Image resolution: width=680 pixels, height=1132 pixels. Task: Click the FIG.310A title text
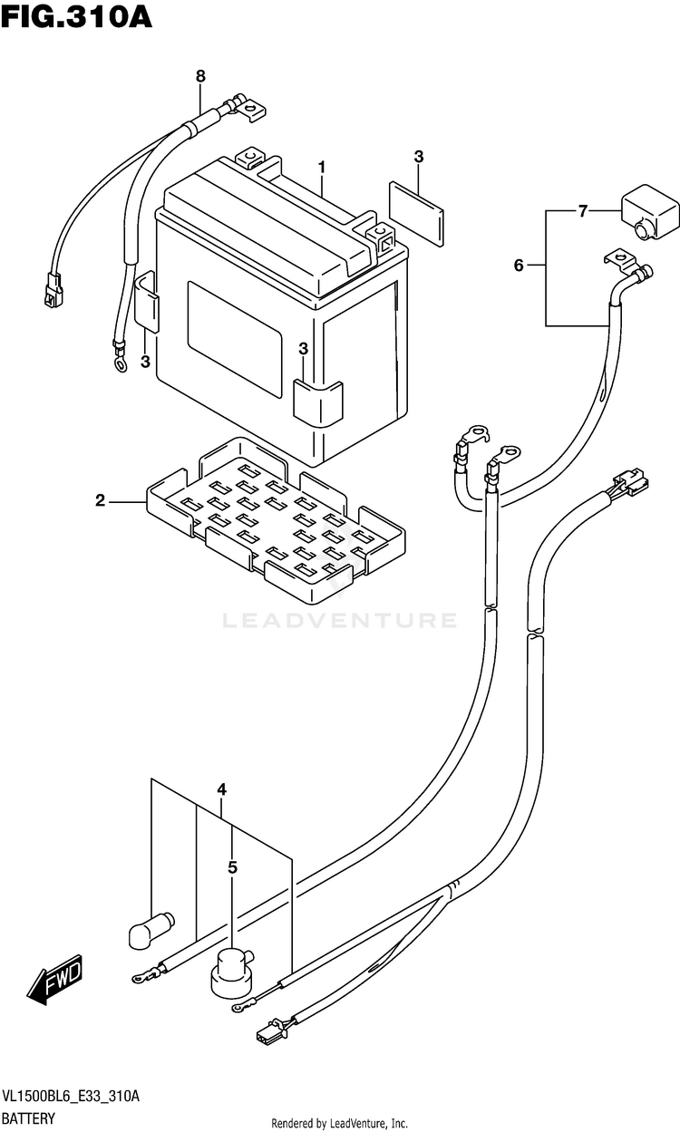[x=76, y=17]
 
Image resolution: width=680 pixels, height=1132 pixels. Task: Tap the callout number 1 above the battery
[x=321, y=168]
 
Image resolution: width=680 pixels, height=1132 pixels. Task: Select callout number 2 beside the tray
[x=101, y=499]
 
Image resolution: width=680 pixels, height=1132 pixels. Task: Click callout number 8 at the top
[x=200, y=77]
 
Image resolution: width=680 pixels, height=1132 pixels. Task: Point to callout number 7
[x=583, y=211]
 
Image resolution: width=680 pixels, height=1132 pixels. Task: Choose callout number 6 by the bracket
[x=519, y=266]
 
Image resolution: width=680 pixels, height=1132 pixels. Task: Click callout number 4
[x=221, y=790]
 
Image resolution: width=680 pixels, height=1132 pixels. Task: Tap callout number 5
[x=232, y=868]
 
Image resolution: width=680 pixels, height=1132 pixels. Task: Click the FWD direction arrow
[x=56, y=981]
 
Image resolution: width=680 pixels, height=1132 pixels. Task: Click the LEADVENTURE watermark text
[x=340, y=621]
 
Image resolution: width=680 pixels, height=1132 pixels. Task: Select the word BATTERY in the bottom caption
[x=30, y=1118]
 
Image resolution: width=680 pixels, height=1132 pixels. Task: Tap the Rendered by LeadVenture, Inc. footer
[x=340, y=1124]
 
